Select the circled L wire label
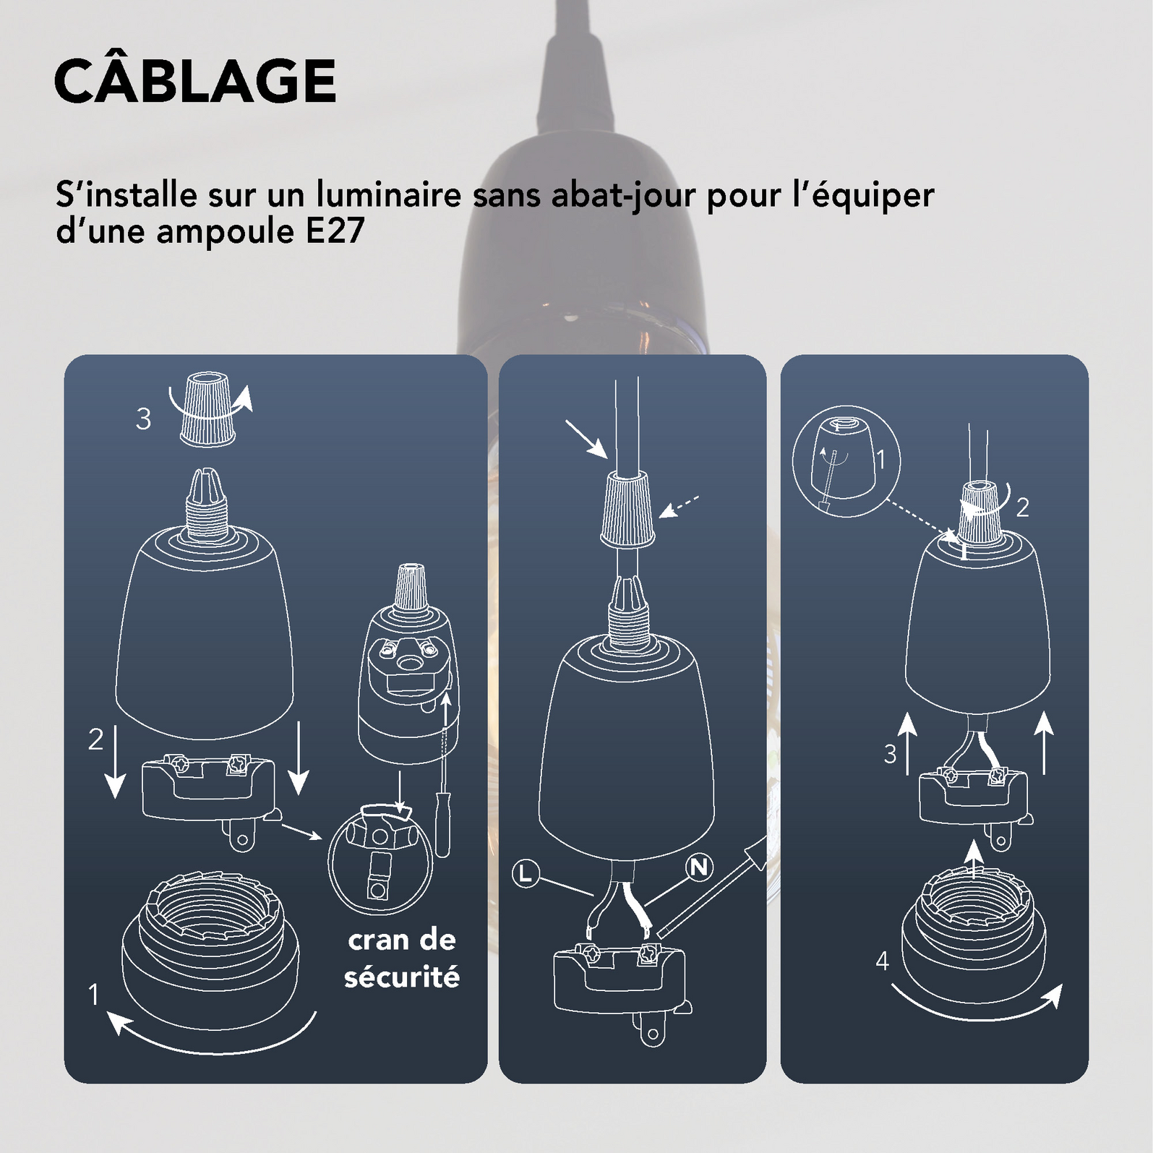[x=526, y=874]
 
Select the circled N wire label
[x=699, y=867]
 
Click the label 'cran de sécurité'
[x=402, y=959]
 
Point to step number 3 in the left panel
[x=144, y=419]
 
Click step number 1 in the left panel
[x=93, y=995]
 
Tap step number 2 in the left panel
[x=95, y=740]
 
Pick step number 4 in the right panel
[x=882, y=961]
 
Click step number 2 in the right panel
[x=1022, y=507]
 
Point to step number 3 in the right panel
[x=890, y=754]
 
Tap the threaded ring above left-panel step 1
[x=210, y=933]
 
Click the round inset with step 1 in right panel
[x=846, y=461]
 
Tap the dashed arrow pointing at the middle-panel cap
[x=679, y=507]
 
